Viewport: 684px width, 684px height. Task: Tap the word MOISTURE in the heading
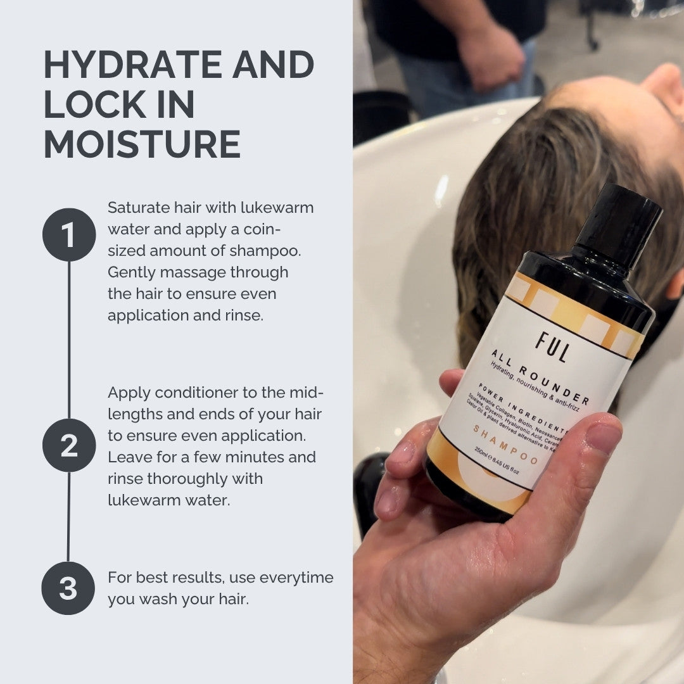(x=142, y=144)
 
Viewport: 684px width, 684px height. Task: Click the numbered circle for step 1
(x=69, y=235)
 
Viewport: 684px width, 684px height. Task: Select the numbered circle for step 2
(x=69, y=445)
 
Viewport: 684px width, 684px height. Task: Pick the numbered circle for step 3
(x=68, y=588)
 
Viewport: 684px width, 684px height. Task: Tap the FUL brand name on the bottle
(x=551, y=348)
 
